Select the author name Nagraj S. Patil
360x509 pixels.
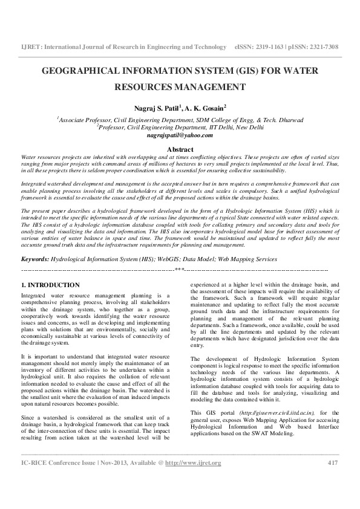(160, 107)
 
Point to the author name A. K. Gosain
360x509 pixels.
(206, 107)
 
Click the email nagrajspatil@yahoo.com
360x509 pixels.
(180, 135)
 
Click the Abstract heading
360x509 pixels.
(180, 149)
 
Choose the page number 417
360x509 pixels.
(332, 480)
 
